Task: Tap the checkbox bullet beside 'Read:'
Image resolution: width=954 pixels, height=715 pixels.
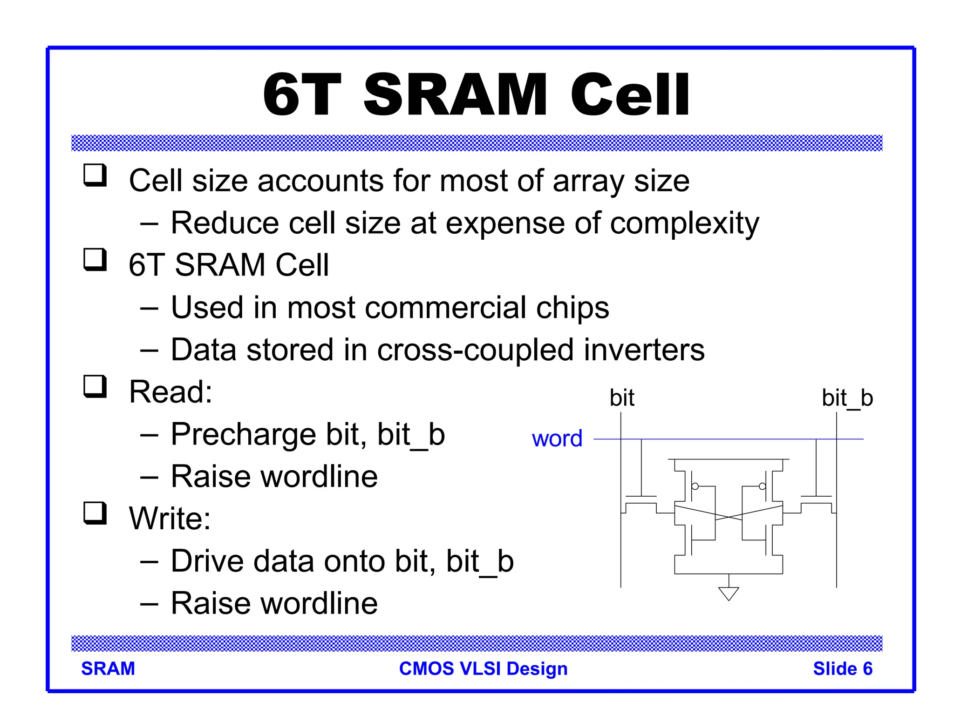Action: (95, 386)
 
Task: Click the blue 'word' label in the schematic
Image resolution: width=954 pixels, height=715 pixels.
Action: (557, 439)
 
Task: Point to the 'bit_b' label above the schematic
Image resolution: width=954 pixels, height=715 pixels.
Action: (847, 398)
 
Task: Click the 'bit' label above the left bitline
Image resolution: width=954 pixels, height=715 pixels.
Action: (622, 398)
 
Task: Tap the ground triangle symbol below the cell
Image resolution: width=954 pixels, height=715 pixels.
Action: (729, 594)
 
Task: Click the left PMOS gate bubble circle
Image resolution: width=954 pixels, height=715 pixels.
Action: (695, 486)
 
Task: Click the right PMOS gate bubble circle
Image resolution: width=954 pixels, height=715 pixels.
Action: (762, 486)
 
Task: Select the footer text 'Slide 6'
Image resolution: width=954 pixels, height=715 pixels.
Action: (842, 669)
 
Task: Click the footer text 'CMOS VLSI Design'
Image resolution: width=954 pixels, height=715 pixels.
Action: (483, 669)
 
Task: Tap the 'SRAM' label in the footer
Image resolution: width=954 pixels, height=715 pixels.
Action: (108, 669)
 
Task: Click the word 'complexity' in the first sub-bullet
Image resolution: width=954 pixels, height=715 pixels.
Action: (684, 224)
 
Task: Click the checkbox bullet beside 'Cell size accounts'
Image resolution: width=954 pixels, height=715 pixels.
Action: (95, 175)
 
